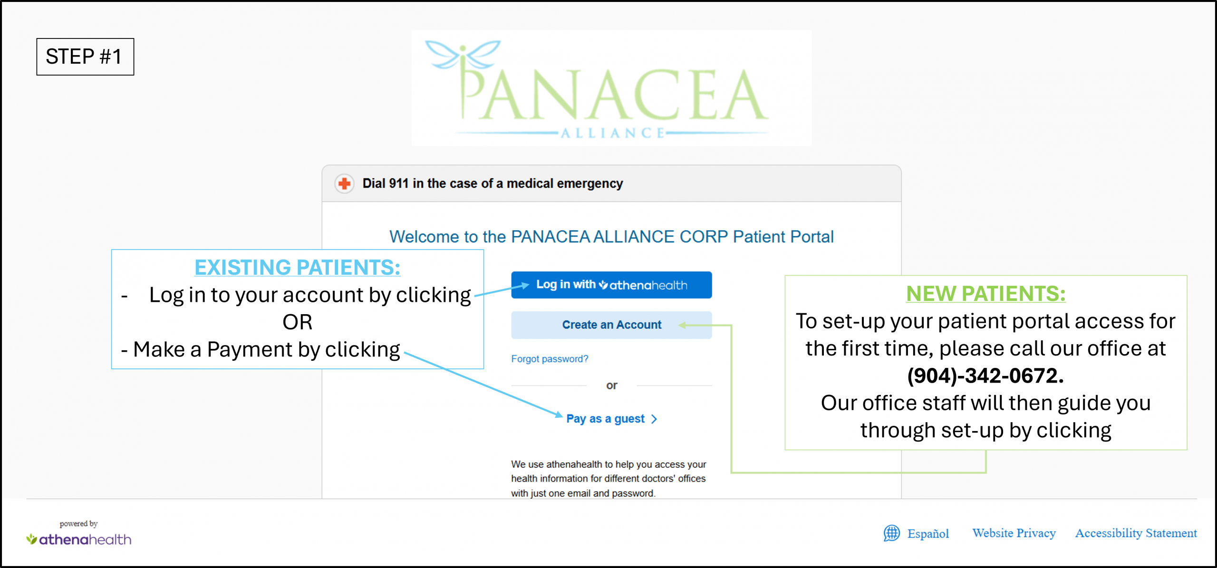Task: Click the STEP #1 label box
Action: [85, 57]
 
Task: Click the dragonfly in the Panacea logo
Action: [463, 55]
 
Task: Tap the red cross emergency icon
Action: [344, 183]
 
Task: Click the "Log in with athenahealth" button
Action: [611, 285]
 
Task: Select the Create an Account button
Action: [611, 325]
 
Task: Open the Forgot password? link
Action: [550, 359]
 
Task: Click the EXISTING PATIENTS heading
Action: [298, 267]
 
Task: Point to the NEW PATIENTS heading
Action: [985, 293]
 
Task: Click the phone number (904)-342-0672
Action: [985, 375]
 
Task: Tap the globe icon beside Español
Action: [892, 533]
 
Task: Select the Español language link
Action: [928, 533]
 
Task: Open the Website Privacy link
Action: [1014, 533]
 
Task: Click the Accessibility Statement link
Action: [1136, 533]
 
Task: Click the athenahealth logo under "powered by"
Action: [79, 539]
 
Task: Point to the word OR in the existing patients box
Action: [298, 322]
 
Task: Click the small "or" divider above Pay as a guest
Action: [611, 385]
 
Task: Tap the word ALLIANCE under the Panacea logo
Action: [613, 133]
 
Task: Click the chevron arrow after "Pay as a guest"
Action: [654, 419]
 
